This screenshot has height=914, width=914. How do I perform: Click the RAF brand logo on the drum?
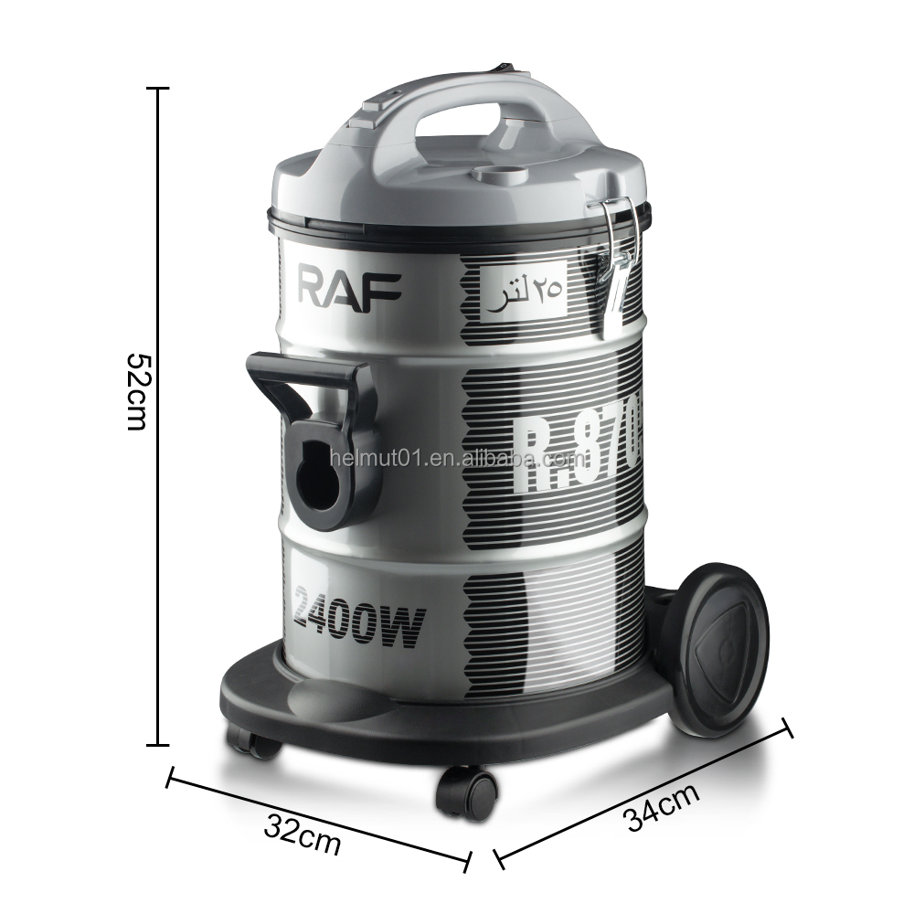point(349,285)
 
